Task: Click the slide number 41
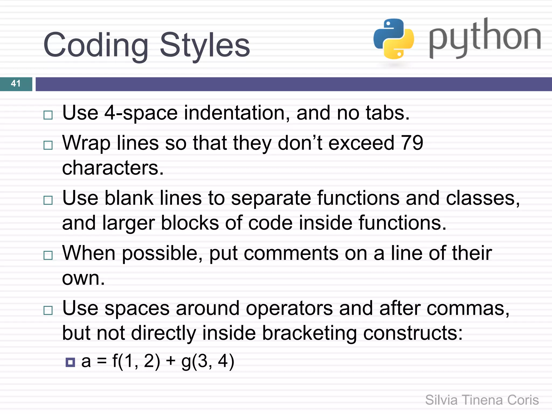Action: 16,84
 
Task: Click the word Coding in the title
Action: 96,45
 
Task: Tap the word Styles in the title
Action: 205,45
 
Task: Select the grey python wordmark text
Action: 485,38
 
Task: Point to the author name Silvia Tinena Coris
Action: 482,400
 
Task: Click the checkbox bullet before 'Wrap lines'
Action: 48,145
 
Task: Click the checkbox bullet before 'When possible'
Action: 48,255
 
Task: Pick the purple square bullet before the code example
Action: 70,362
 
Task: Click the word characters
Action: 113,168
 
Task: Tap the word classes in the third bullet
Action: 482,198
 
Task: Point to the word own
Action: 83,278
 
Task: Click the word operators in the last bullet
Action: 289,308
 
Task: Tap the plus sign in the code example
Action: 171,361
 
